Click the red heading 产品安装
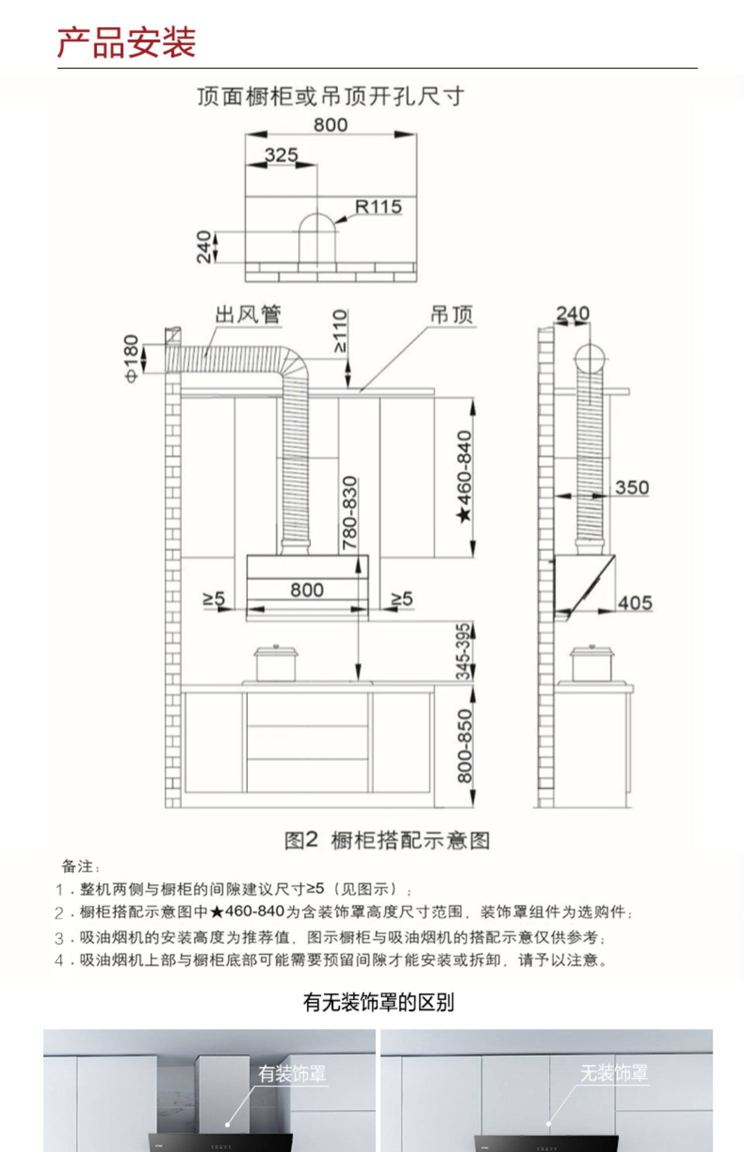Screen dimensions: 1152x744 [126, 43]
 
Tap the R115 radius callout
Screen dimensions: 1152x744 [378, 207]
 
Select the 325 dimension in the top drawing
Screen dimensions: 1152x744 [281, 155]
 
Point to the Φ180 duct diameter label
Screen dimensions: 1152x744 [131, 358]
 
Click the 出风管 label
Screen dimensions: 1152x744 [248, 315]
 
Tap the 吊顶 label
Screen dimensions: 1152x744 [451, 315]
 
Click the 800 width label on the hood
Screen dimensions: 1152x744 [307, 590]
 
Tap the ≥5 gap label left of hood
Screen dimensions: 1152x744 [214, 599]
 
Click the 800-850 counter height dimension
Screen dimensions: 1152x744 [465, 746]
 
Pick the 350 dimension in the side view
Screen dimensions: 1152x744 [632, 487]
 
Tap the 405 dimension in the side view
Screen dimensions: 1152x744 [635, 603]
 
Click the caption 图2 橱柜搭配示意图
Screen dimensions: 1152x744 [387, 840]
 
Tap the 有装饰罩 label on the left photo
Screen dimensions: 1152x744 [292, 1074]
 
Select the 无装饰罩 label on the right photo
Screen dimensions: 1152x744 [614, 1073]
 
